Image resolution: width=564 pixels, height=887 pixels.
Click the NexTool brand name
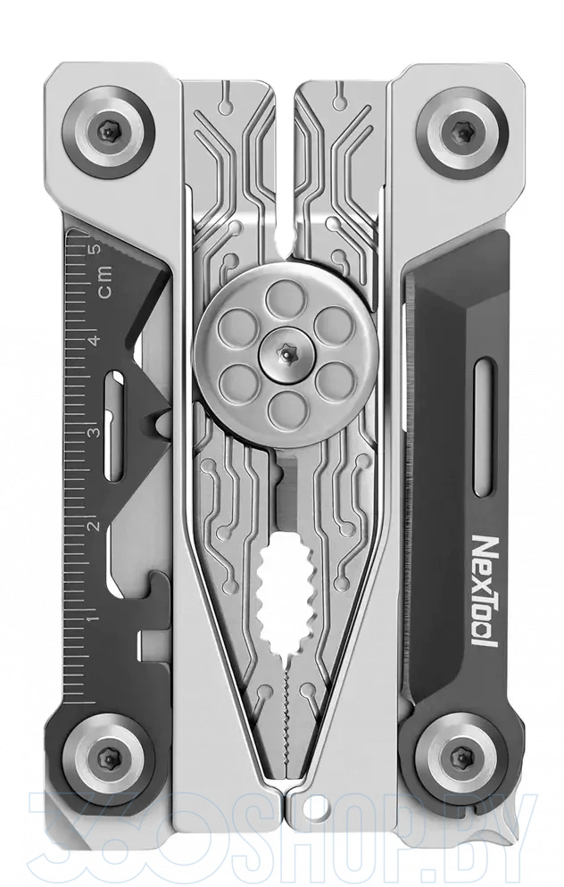pos(484,591)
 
